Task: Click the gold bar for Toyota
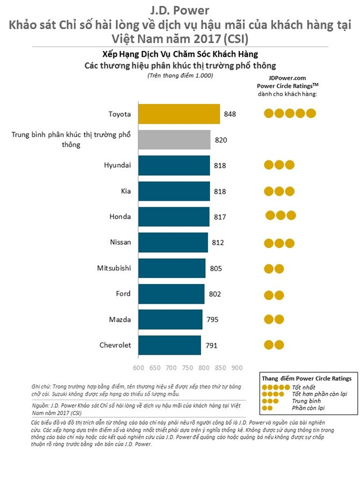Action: [179, 114]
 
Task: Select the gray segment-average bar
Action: [174, 140]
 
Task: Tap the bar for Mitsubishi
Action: [171, 268]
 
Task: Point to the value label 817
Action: [220, 216]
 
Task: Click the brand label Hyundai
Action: [117, 165]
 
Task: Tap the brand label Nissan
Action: [120, 242]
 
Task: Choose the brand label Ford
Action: [123, 294]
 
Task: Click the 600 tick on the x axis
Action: [138, 368]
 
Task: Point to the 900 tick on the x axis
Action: [236, 368]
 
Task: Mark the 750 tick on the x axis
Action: [187, 368]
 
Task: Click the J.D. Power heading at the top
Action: [179, 10]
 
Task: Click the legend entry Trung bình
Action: [306, 401]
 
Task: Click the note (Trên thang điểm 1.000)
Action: [180, 76]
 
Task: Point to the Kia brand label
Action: [124, 191]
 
